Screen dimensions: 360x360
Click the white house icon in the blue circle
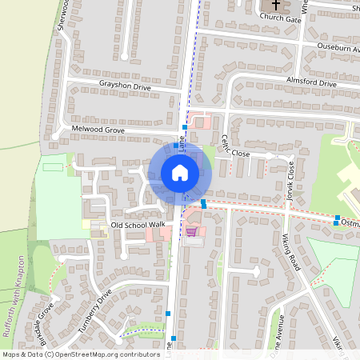180,173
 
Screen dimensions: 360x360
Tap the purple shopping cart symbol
192,232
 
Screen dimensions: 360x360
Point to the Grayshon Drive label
125,86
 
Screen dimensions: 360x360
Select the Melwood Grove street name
98,128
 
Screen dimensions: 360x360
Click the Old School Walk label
138,225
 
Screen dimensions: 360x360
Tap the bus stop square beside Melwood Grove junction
185,127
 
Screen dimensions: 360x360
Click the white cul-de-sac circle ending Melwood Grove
55,136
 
